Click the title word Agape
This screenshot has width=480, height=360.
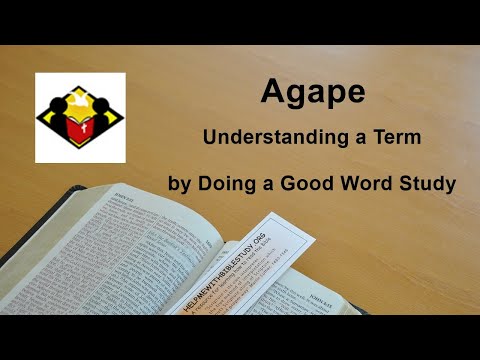(x=312, y=93)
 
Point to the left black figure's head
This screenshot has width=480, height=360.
(x=58, y=104)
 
